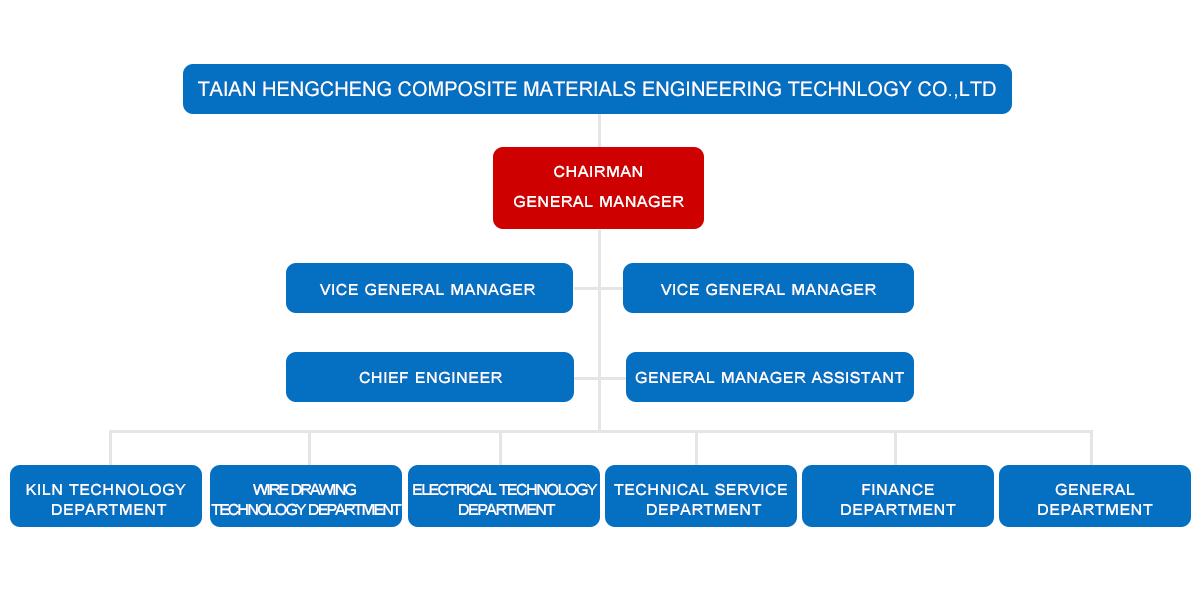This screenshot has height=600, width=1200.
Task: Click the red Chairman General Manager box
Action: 598,188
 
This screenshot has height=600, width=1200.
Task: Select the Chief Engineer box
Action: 430,377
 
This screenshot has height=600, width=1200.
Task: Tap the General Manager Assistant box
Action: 770,377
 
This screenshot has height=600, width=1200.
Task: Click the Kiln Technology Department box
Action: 106,496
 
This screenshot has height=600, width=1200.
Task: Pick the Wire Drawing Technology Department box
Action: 306,496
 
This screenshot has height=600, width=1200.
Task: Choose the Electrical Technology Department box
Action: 504,496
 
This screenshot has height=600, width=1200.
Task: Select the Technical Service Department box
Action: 701,496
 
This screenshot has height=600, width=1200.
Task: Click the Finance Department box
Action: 898,496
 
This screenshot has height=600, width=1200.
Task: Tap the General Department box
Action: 1095,496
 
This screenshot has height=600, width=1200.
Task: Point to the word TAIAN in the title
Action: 227,89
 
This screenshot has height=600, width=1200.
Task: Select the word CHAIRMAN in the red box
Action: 598,172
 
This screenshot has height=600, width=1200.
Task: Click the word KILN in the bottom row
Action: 45,489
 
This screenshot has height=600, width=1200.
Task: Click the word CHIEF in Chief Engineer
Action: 381,377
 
